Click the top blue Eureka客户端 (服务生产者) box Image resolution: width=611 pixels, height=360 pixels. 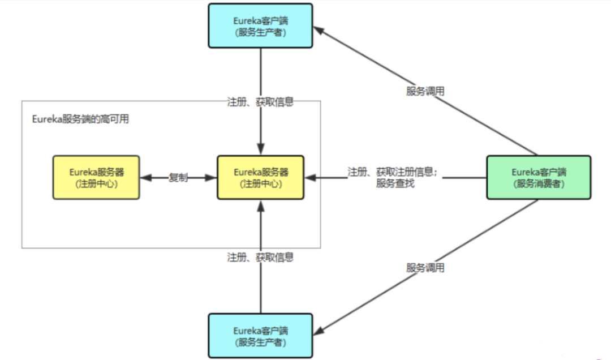(260, 26)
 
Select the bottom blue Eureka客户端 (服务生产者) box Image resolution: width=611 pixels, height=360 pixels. (260, 336)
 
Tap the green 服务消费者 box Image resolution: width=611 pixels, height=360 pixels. (539, 177)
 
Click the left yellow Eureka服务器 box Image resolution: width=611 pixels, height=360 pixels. (96, 177)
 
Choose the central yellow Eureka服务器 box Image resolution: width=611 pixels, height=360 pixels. (260, 177)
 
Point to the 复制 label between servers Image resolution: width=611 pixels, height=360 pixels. (178, 177)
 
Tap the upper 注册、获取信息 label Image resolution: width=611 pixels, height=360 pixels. (260, 102)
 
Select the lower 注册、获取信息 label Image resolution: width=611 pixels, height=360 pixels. (260, 257)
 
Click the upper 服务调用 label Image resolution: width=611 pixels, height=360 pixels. (425, 91)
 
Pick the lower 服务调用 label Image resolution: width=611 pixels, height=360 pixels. (425, 268)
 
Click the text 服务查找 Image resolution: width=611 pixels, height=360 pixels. (395, 183)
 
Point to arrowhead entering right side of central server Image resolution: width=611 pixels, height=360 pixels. (309, 177)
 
